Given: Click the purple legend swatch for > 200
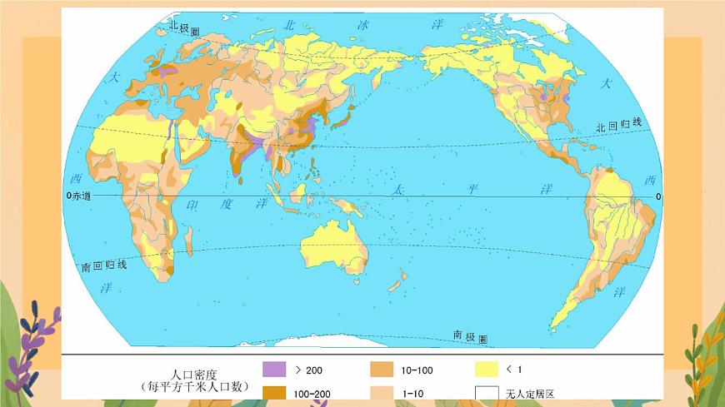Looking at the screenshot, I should (274, 369).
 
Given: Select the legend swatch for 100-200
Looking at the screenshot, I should (274, 392).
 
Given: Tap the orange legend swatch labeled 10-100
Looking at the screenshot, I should (382, 369).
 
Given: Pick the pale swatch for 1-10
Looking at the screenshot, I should (382, 392).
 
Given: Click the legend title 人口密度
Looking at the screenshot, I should (190, 375).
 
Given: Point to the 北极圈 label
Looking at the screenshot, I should (185, 27).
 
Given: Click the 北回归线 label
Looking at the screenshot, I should (619, 126).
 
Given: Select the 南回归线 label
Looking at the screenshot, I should (103, 266).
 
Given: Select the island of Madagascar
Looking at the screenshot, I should (188, 241).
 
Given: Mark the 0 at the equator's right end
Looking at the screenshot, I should (657, 196).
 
